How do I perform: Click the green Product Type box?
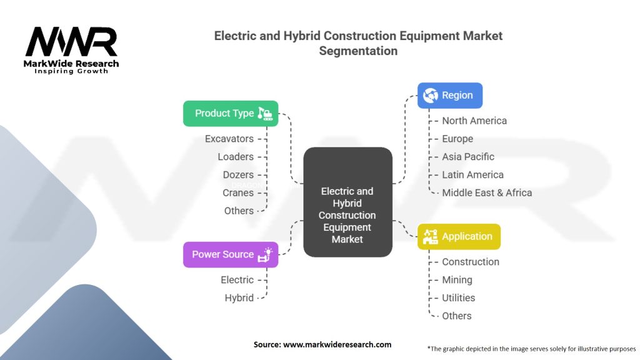click(x=231, y=114)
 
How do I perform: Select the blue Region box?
click(x=450, y=96)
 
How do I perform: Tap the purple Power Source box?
click(x=231, y=255)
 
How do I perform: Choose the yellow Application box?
click(x=459, y=237)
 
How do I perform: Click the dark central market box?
click(x=347, y=202)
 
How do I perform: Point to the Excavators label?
click(x=229, y=139)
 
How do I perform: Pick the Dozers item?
click(x=238, y=175)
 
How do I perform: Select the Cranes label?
click(x=238, y=192)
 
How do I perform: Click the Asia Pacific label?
click(x=468, y=157)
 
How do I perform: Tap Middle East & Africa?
click(x=487, y=192)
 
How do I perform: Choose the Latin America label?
click(x=472, y=175)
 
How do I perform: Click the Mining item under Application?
click(x=457, y=280)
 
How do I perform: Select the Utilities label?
click(x=458, y=298)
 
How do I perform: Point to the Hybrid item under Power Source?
click(x=239, y=298)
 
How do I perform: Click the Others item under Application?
click(x=457, y=316)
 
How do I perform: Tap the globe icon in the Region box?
click(x=430, y=96)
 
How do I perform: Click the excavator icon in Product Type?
click(x=265, y=114)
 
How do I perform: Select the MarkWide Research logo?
click(x=71, y=50)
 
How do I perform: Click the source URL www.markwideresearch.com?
click(x=337, y=344)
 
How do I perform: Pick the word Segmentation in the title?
click(x=358, y=51)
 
